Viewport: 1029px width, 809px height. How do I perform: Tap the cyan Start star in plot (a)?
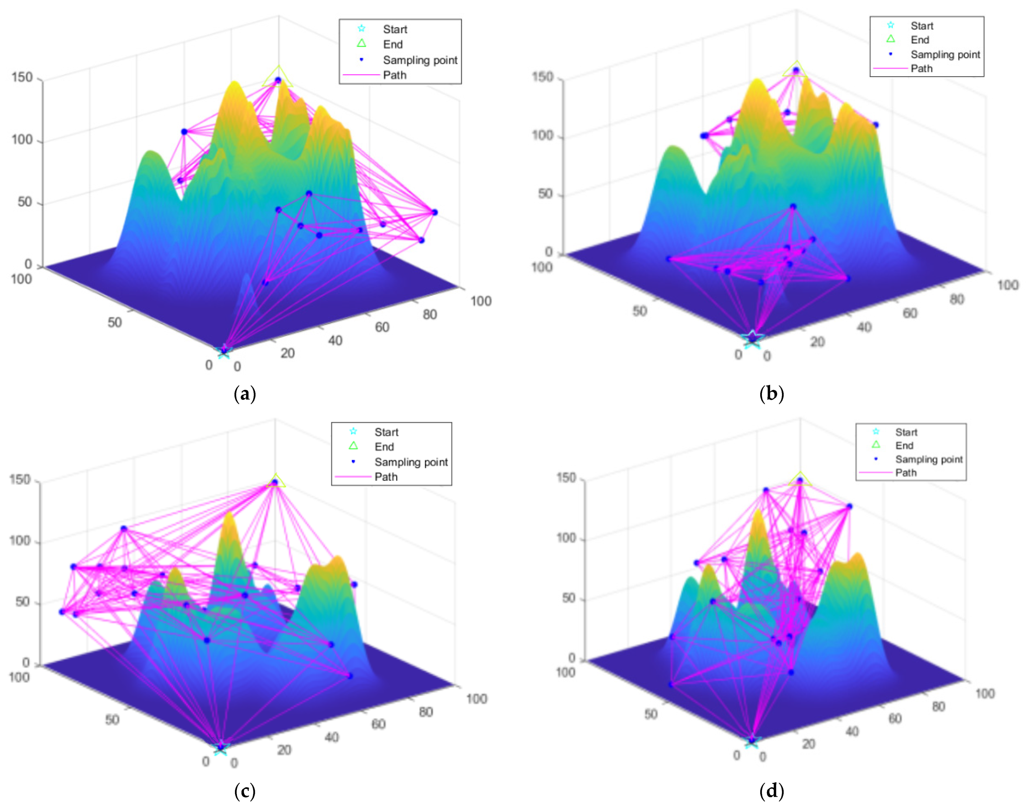click(224, 351)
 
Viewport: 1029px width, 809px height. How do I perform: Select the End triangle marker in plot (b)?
click(796, 70)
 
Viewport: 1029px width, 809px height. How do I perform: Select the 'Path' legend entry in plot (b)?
click(921, 69)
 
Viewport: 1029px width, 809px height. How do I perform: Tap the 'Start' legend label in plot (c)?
click(386, 432)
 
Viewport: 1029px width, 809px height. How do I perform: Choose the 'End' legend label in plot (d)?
click(904, 445)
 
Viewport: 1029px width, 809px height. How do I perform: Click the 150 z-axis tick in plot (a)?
click(22, 77)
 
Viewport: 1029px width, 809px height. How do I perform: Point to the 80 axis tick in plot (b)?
click(956, 299)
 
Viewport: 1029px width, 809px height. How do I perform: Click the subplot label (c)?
click(245, 791)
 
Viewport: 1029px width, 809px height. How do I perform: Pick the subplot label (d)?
click(771, 791)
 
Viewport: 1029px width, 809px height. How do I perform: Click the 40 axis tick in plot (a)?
click(335, 340)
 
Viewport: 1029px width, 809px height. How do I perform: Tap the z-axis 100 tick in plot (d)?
click(566, 538)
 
